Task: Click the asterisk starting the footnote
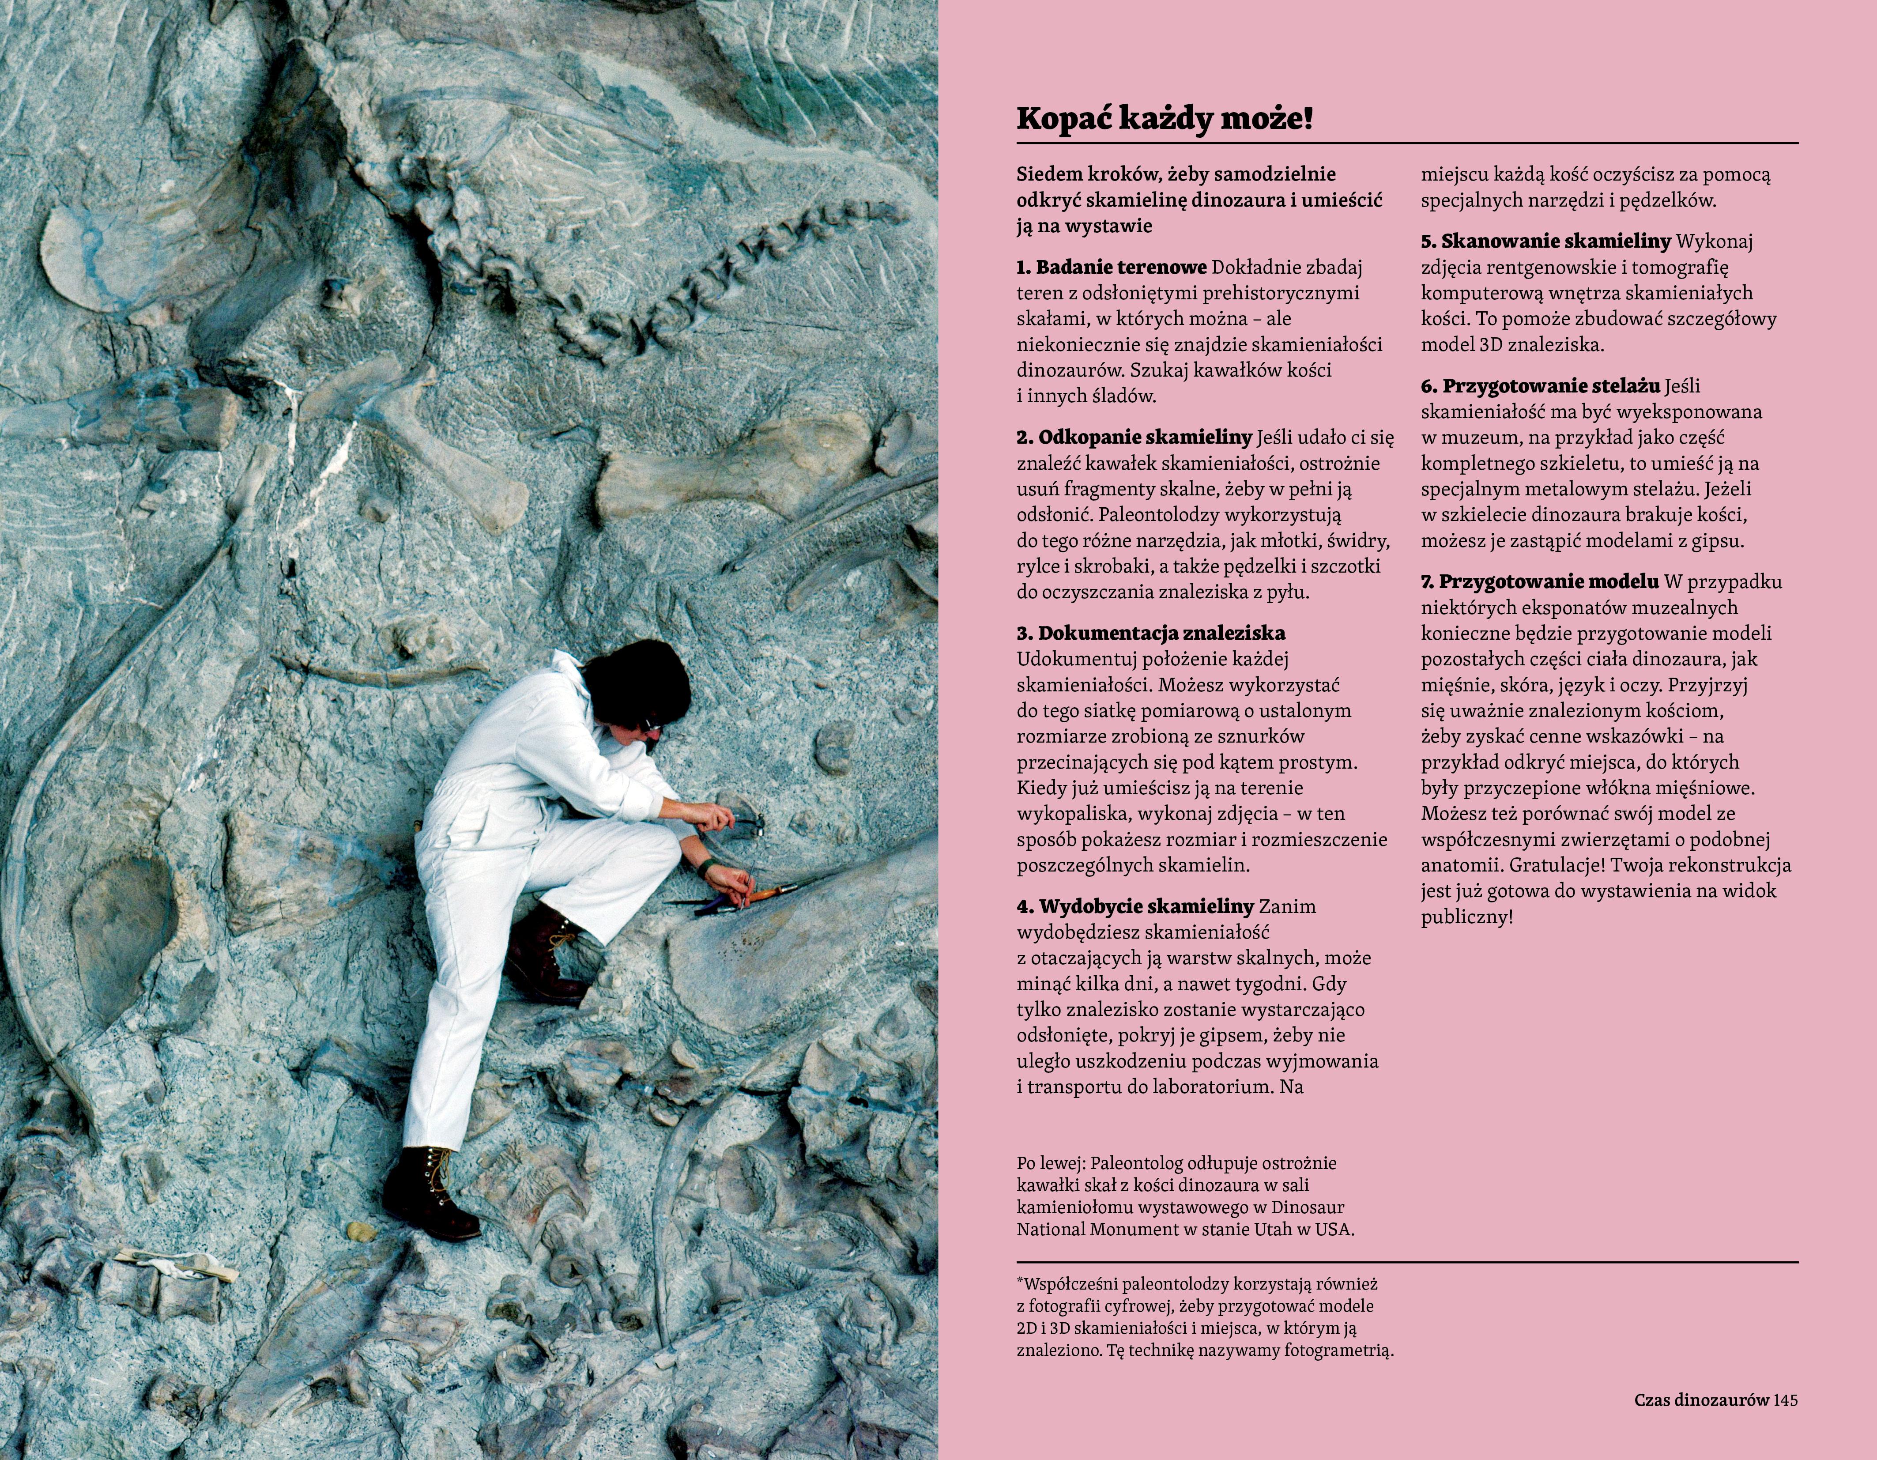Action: [1020, 1282]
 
